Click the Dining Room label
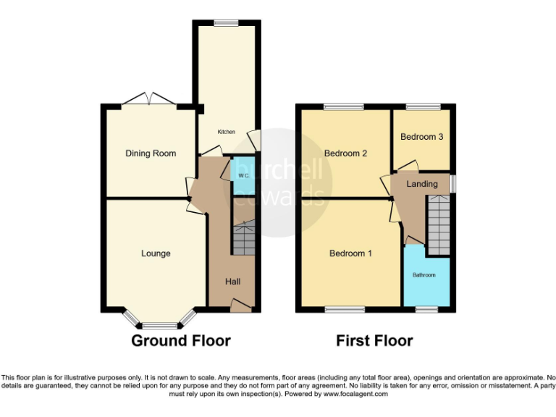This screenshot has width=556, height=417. click(x=151, y=153)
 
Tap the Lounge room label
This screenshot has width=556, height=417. click(x=156, y=253)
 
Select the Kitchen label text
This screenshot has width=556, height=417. click(x=227, y=132)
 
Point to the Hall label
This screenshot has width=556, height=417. click(x=232, y=282)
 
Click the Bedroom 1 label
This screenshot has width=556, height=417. click(x=350, y=253)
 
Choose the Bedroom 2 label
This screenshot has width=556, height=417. click(x=345, y=153)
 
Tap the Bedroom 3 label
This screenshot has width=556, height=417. click(x=421, y=137)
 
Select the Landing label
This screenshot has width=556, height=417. click(x=421, y=184)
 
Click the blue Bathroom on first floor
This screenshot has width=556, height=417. click(x=424, y=276)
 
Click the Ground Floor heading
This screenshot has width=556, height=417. click(x=181, y=340)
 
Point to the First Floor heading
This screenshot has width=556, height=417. click(x=374, y=340)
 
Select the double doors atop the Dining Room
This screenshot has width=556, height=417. click(x=148, y=100)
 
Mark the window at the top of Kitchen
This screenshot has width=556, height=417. click(x=227, y=23)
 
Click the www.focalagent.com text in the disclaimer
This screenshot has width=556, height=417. click(x=355, y=395)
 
